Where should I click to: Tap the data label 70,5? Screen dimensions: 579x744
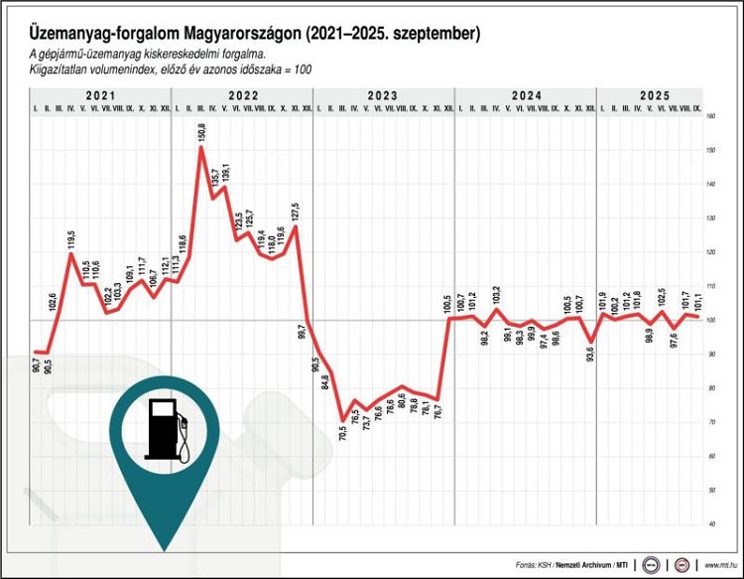point(343,433)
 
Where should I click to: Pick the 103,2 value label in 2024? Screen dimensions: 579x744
point(497,294)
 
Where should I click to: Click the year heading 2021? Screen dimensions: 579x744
point(99,95)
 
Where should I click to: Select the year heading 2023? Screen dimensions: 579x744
point(382,95)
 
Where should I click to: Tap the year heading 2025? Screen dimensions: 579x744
point(654,95)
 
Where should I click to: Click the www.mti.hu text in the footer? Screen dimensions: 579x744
point(719,564)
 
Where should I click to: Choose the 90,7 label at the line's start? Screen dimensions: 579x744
point(37,364)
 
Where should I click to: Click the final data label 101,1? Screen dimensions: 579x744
point(697,299)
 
